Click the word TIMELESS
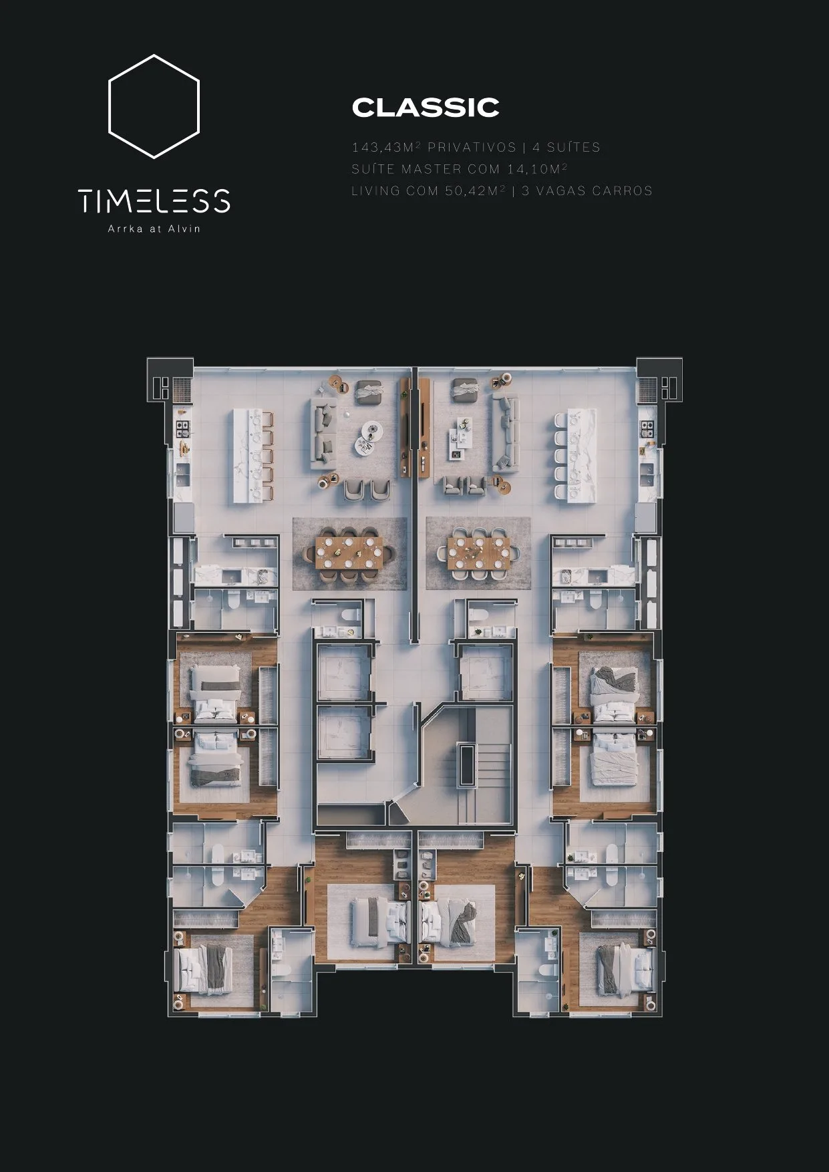pos(154,200)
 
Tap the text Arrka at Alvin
pos(154,229)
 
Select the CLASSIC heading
pos(426,108)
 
